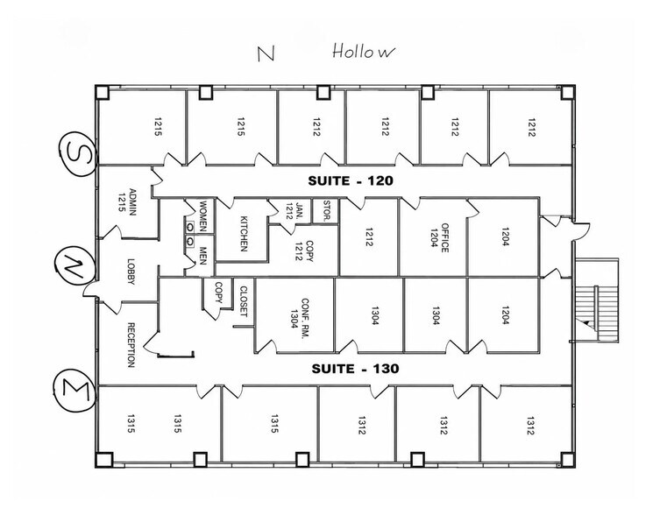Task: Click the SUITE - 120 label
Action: click(x=351, y=180)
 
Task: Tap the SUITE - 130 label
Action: click(x=355, y=369)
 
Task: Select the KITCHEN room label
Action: click(x=245, y=234)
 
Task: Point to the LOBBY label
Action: click(x=131, y=272)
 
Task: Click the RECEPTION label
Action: click(x=131, y=345)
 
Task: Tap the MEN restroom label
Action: click(x=203, y=256)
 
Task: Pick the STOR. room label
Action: click(x=327, y=210)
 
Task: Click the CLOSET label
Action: click(x=244, y=301)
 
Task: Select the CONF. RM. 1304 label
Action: click(x=300, y=318)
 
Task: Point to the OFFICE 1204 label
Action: click(x=439, y=237)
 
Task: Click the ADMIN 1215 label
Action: click(x=127, y=202)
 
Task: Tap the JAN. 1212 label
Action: click(x=295, y=211)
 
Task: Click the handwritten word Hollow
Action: click(x=363, y=51)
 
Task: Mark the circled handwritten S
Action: click(x=77, y=153)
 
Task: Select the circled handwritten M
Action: click(x=75, y=392)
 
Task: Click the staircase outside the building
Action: click(x=597, y=300)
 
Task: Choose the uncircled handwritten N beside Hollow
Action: click(x=266, y=53)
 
